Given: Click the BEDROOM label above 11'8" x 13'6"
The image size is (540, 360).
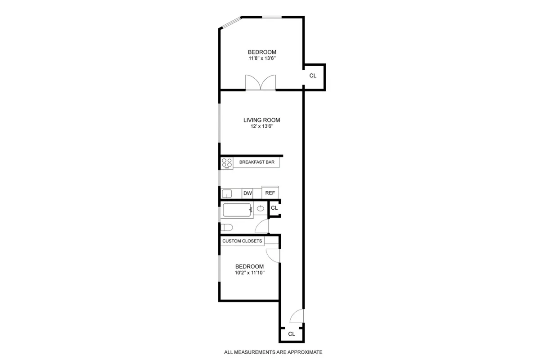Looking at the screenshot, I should (x=262, y=52).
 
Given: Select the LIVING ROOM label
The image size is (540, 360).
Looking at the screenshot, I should (x=262, y=120).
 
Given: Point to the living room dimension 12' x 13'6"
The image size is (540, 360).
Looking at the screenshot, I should (x=262, y=127).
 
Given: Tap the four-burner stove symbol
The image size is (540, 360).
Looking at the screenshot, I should (x=227, y=163).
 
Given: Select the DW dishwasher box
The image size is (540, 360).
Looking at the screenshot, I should (x=247, y=193).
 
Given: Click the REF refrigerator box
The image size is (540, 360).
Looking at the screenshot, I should (x=270, y=193).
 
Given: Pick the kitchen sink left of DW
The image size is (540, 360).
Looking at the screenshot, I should (x=227, y=193).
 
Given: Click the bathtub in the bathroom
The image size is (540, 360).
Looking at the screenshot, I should (x=237, y=210).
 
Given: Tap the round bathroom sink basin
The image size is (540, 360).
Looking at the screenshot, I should (x=261, y=208).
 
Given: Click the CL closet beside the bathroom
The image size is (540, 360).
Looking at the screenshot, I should (x=274, y=208).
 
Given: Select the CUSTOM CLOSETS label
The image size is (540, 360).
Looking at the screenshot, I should (x=242, y=241).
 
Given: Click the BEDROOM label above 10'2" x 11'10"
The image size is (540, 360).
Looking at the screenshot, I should (x=249, y=266).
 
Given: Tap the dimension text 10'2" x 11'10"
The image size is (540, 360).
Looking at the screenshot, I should (x=249, y=273).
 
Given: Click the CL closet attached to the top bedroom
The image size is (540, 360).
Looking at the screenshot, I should (x=313, y=76).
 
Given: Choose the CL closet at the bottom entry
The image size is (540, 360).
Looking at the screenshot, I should (x=292, y=334).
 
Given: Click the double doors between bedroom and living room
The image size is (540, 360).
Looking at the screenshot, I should (x=261, y=83).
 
